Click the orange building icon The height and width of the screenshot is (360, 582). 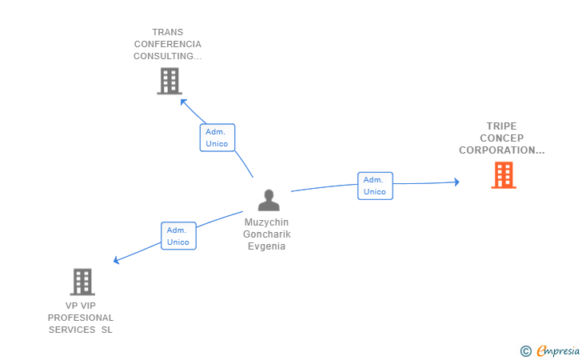[x=504, y=174]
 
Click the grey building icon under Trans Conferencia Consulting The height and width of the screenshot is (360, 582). [x=169, y=81]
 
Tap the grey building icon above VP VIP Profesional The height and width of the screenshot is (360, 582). [x=82, y=282]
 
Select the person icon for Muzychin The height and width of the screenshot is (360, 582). [x=269, y=200]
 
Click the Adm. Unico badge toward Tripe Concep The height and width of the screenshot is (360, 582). [x=375, y=186]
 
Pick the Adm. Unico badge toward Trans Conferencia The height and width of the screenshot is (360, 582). [x=217, y=138]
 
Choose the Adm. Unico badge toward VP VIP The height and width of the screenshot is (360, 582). [x=178, y=236]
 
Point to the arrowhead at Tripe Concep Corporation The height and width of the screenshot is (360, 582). [x=456, y=182]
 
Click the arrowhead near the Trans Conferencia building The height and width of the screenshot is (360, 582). [x=184, y=102]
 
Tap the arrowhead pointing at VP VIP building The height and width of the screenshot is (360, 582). [x=117, y=260]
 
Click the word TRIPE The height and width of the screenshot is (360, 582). [x=502, y=126]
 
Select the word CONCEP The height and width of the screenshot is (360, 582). [x=502, y=138]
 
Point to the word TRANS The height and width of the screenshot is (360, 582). [x=168, y=33]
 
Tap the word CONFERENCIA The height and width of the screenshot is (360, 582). [x=168, y=45]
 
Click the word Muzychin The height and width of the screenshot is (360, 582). [x=267, y=222]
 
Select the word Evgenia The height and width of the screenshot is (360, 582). [x=267, y=246]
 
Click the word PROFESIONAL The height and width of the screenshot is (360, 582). [x=81, y=318]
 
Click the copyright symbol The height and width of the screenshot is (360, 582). [x=525, y=350]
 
